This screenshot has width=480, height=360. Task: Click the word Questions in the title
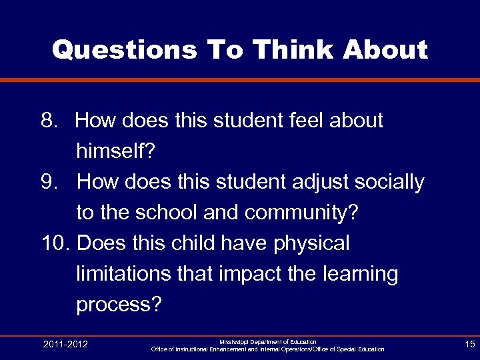(124, 50)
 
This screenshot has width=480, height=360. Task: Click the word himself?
(115, 151)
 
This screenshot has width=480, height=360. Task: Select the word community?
(302, 213)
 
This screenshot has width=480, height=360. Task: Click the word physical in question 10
(311, 243)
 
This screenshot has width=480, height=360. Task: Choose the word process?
(119, 305)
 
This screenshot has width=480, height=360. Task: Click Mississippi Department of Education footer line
(267, 341)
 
